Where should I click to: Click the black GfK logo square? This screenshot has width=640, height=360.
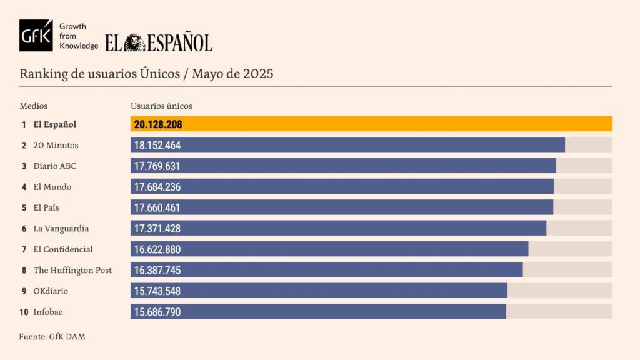(36, 36)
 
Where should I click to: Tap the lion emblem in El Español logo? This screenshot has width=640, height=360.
(134, 42)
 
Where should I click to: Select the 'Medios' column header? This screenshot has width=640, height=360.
(34, 106)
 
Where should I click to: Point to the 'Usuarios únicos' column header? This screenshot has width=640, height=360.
(161, 106)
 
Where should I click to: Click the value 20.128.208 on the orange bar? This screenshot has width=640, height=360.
(158, 124)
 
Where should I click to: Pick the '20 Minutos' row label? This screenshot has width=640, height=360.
(56, 145)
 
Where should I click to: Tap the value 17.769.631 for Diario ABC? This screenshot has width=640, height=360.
(157, 166)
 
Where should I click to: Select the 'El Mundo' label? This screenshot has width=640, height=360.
(52, 187)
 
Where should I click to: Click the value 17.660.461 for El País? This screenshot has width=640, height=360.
(157, 207)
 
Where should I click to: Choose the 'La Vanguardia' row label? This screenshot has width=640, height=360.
(61, 229)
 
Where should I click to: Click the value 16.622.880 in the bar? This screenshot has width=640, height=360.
(157, 249)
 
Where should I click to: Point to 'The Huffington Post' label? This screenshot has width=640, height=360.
(72, 271)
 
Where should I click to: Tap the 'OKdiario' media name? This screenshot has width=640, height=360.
(51, 291)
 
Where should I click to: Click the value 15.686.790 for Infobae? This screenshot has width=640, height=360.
(157, 312)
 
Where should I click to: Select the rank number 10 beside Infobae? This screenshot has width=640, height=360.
(24, 312)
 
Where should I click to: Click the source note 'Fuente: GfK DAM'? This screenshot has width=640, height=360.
(52, 337)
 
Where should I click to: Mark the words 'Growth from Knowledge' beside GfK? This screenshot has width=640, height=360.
(78, 36)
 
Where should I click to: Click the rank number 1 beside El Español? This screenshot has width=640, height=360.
(24, 124)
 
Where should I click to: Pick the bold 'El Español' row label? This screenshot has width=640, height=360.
(55, 124)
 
